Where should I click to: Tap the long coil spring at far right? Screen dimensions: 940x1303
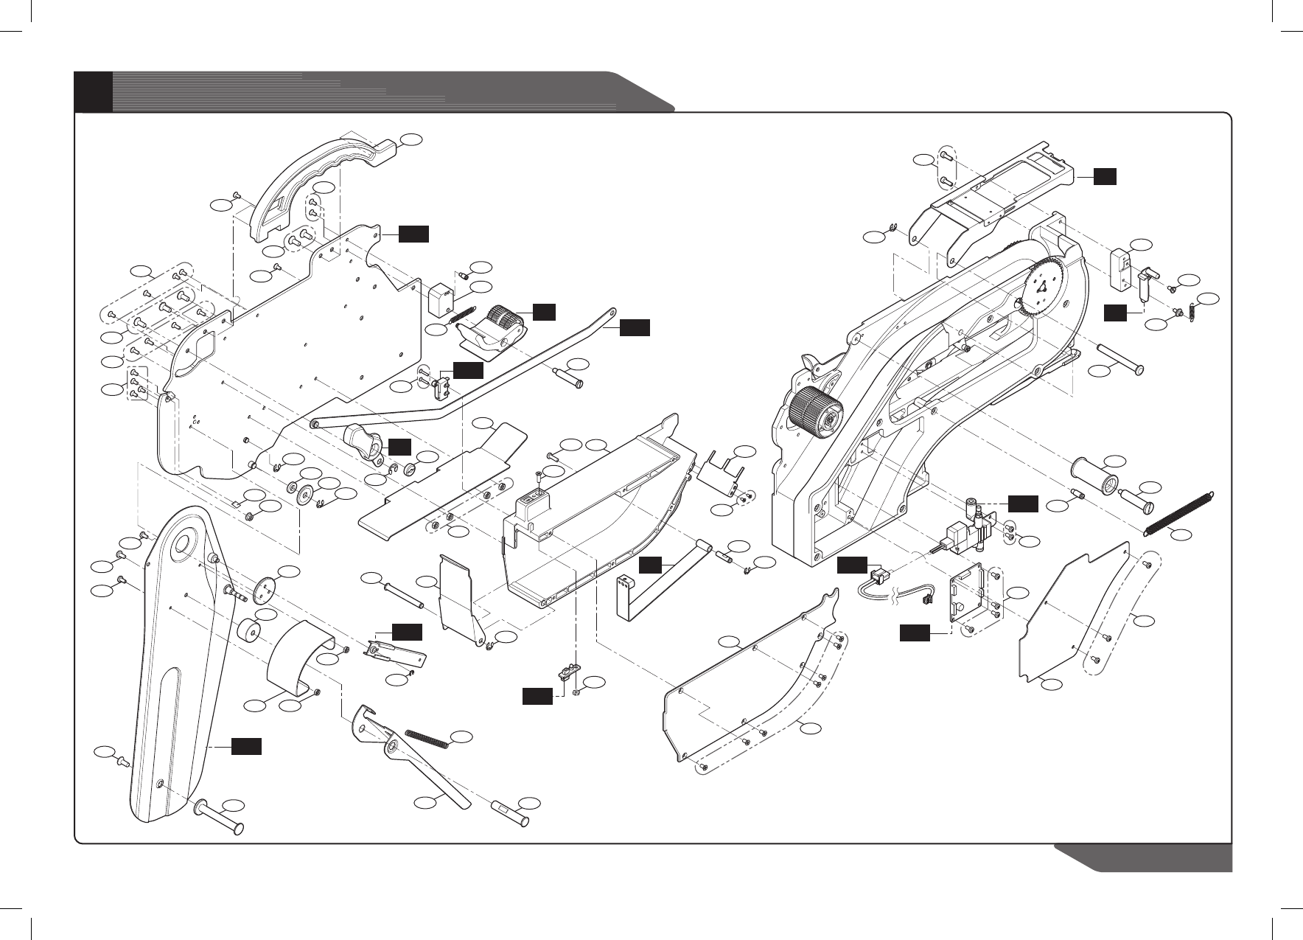coord(1179,512)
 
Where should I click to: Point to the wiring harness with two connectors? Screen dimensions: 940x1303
coord(895,586)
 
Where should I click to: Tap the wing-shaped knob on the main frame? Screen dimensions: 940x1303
coord(814,363)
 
